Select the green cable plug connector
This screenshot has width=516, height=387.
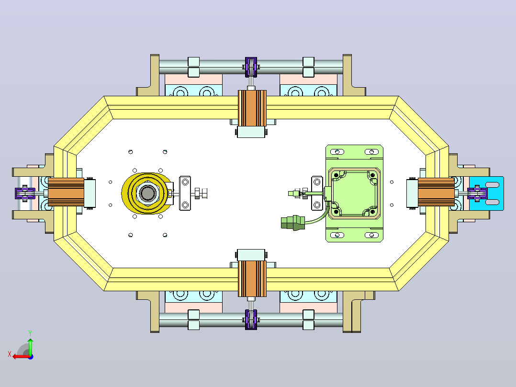tap(293, 223)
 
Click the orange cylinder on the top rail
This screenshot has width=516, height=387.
tap(252, 108)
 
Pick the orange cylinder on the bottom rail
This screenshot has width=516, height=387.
tap(252, 279)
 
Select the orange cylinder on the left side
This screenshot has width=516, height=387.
tap(66, 193)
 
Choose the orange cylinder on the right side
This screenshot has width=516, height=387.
tap(437, 193)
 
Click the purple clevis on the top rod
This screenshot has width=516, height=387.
tap(251, 67)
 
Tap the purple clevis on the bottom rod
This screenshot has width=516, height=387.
tap(251, 319)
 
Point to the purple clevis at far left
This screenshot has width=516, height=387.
tap(25, 193)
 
